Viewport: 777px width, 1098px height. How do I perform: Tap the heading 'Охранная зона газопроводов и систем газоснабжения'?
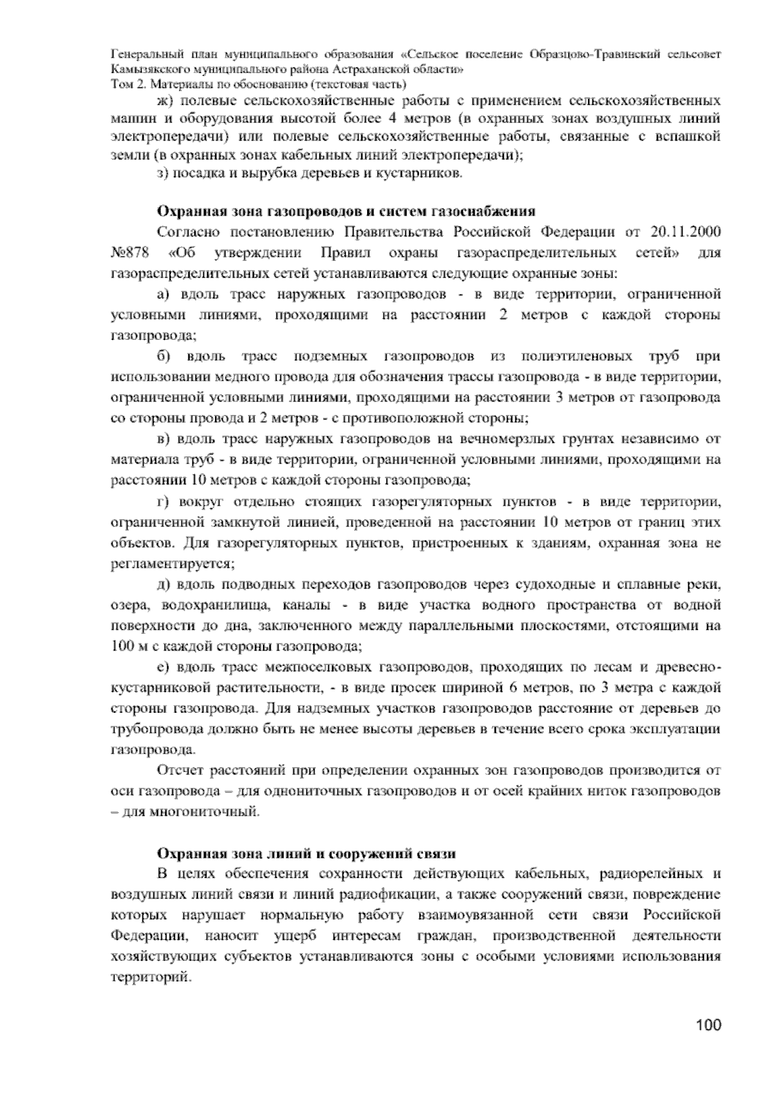click(346, 211)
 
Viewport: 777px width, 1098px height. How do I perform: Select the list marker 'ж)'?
click(164, 101)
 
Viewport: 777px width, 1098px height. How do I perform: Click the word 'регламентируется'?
click(172, 563)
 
